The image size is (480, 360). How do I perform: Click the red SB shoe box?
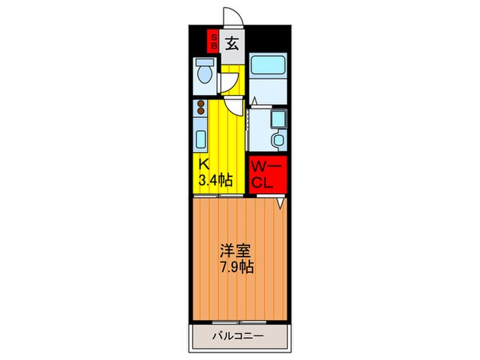pyautogui.click(x=214, y=42)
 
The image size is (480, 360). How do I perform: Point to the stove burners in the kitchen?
pyautogui.click(x=201, y=108)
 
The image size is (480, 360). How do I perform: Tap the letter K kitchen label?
pyautogui.click(x=204, y=165)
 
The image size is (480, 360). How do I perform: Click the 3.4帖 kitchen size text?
pyautogui.click(x=215, y=181)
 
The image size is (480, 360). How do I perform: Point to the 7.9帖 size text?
pyautogui.click(x=237, y=267)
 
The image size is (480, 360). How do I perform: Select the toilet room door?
pyautogui.click(x=227, y=82)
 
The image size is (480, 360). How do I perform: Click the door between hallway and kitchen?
pyautogui.click(x=234, y=105)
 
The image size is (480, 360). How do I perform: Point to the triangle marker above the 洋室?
pyautogui.click(x=280, y=203)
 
